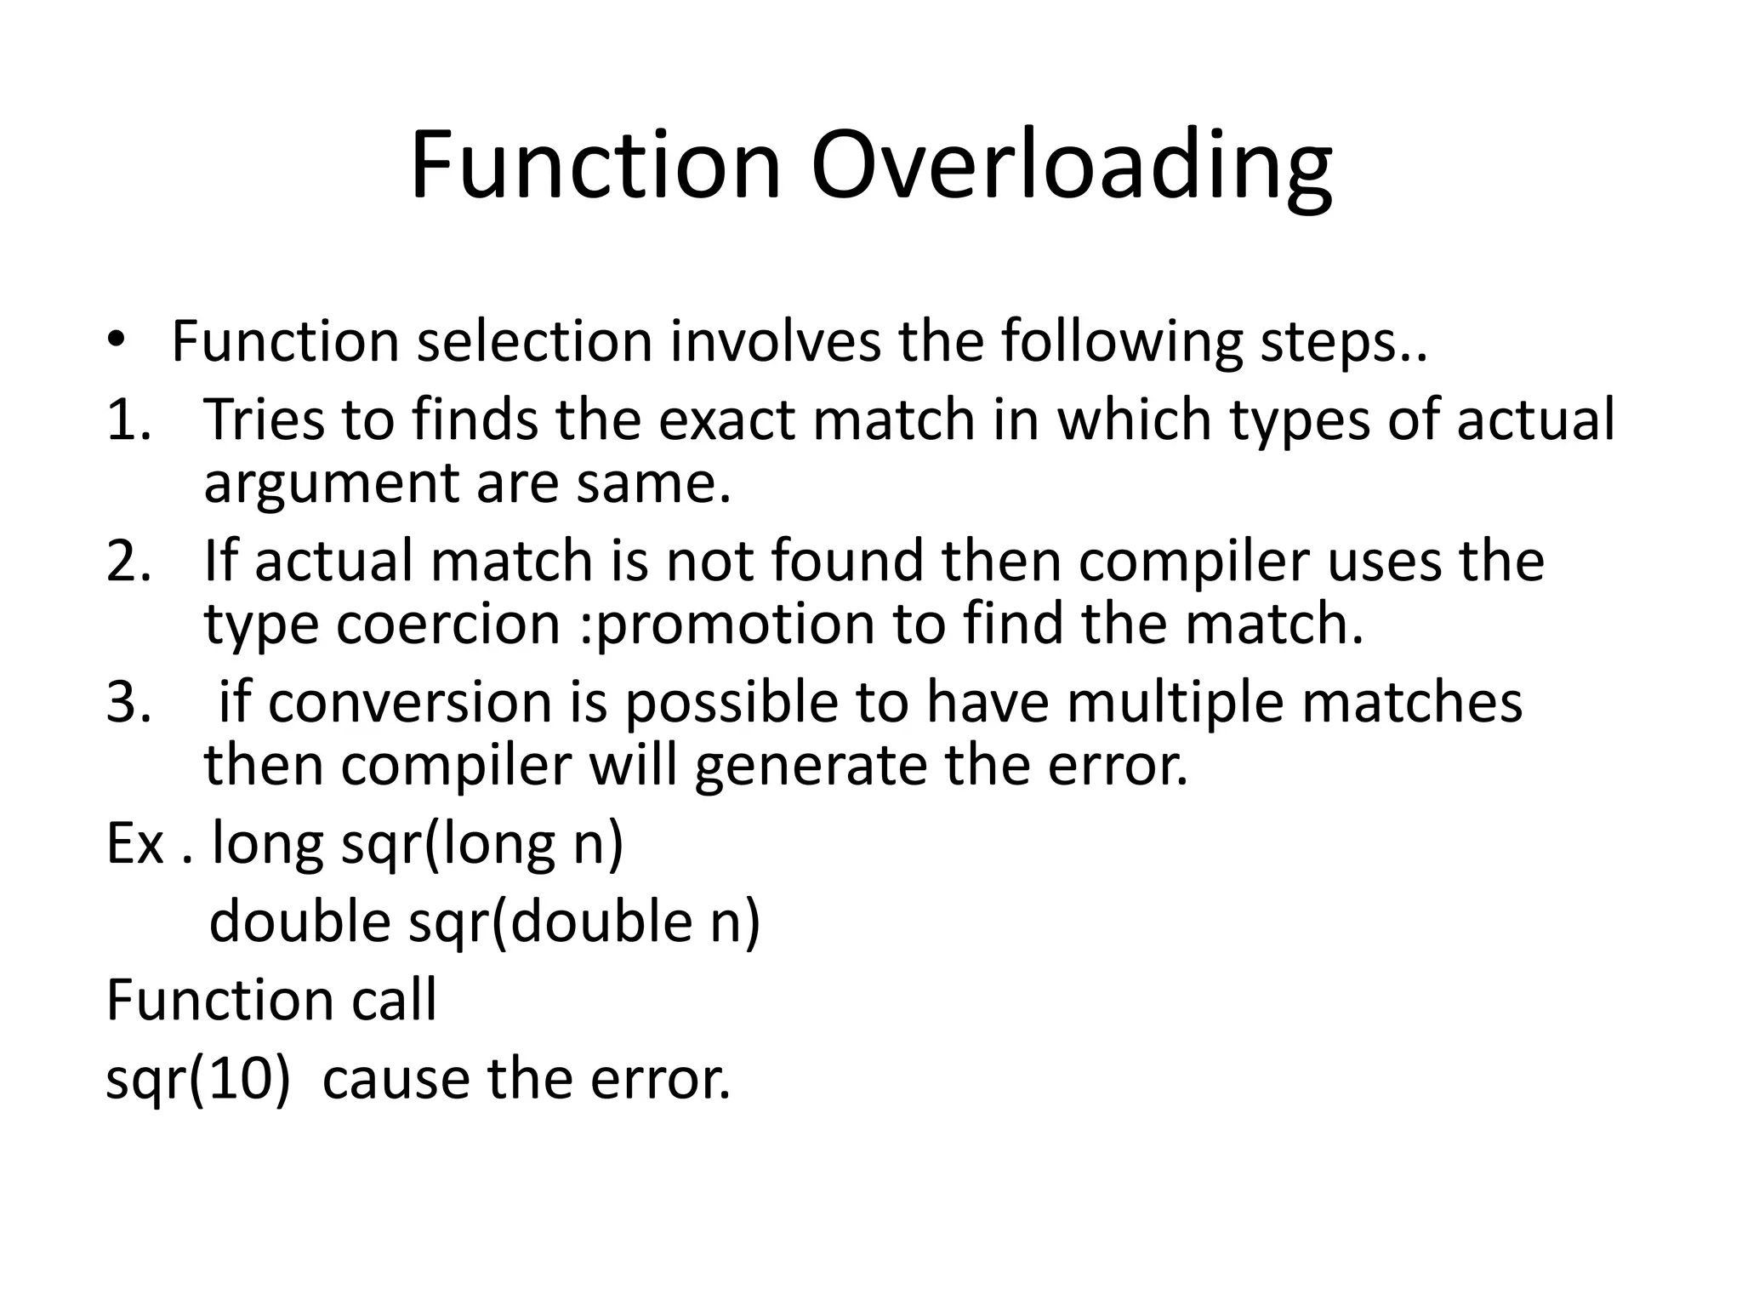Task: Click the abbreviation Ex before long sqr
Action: (x=134, y=844)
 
